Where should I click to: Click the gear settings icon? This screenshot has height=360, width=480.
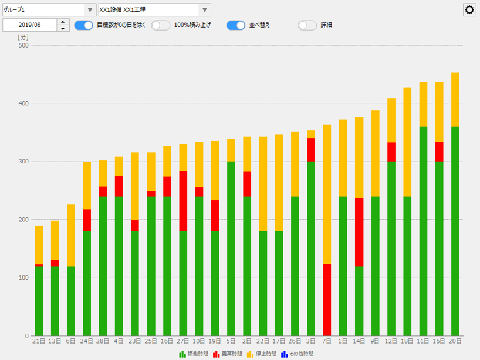[469, 10]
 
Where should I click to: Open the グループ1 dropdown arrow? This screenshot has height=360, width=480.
[89, 10]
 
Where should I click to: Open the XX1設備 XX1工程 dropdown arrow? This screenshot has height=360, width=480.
[205, 10]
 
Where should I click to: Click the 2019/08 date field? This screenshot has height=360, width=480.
[29, 25]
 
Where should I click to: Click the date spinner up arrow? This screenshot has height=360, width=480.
[63, 22]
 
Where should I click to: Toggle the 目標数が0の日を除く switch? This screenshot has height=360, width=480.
[84, 25]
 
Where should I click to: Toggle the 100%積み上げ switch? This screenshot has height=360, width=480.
[160, 25]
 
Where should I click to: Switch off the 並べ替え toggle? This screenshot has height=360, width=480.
[236, 25]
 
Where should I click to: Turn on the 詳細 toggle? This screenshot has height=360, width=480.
[307, 25]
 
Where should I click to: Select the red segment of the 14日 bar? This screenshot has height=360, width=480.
[359, 232]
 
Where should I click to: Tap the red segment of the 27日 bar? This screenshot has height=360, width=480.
[183, 201]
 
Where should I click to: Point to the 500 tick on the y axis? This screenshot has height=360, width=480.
[23, 45]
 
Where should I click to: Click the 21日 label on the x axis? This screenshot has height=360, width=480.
[39, 341]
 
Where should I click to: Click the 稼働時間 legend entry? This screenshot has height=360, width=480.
[194, 354]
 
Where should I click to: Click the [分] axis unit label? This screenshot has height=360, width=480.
[23, 37]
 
